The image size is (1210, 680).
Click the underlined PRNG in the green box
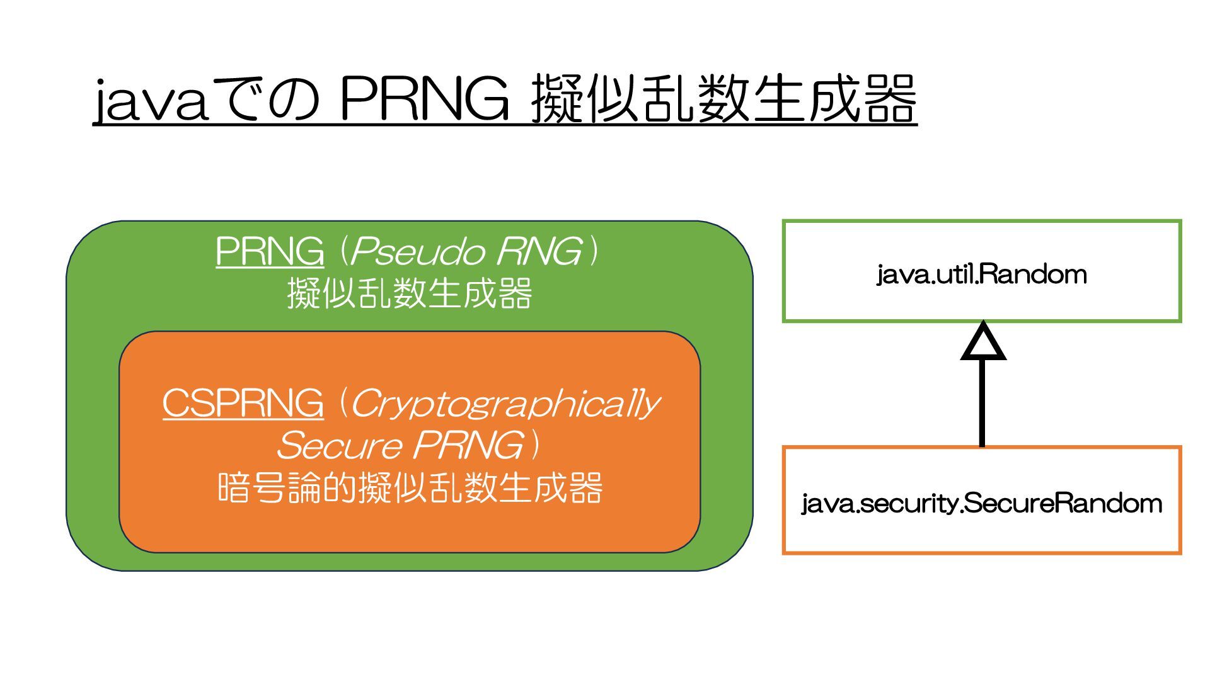[270, 251]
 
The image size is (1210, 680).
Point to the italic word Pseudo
[417, 251]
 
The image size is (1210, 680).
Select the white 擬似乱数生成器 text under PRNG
[410, 293]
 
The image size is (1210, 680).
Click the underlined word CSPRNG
[243, 403]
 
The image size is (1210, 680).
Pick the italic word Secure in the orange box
[339, 446]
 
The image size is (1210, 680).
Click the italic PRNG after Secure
[468, 446]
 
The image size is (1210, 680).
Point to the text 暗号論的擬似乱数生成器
[410, 488]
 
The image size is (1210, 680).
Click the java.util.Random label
[981, 275]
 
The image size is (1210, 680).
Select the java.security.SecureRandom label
[981, 504]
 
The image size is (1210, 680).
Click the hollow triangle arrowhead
[982, 344]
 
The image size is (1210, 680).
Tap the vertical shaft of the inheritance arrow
[982, 403]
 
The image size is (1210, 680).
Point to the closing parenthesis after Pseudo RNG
[593, 251]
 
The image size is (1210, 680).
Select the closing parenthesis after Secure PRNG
[535, 446]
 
